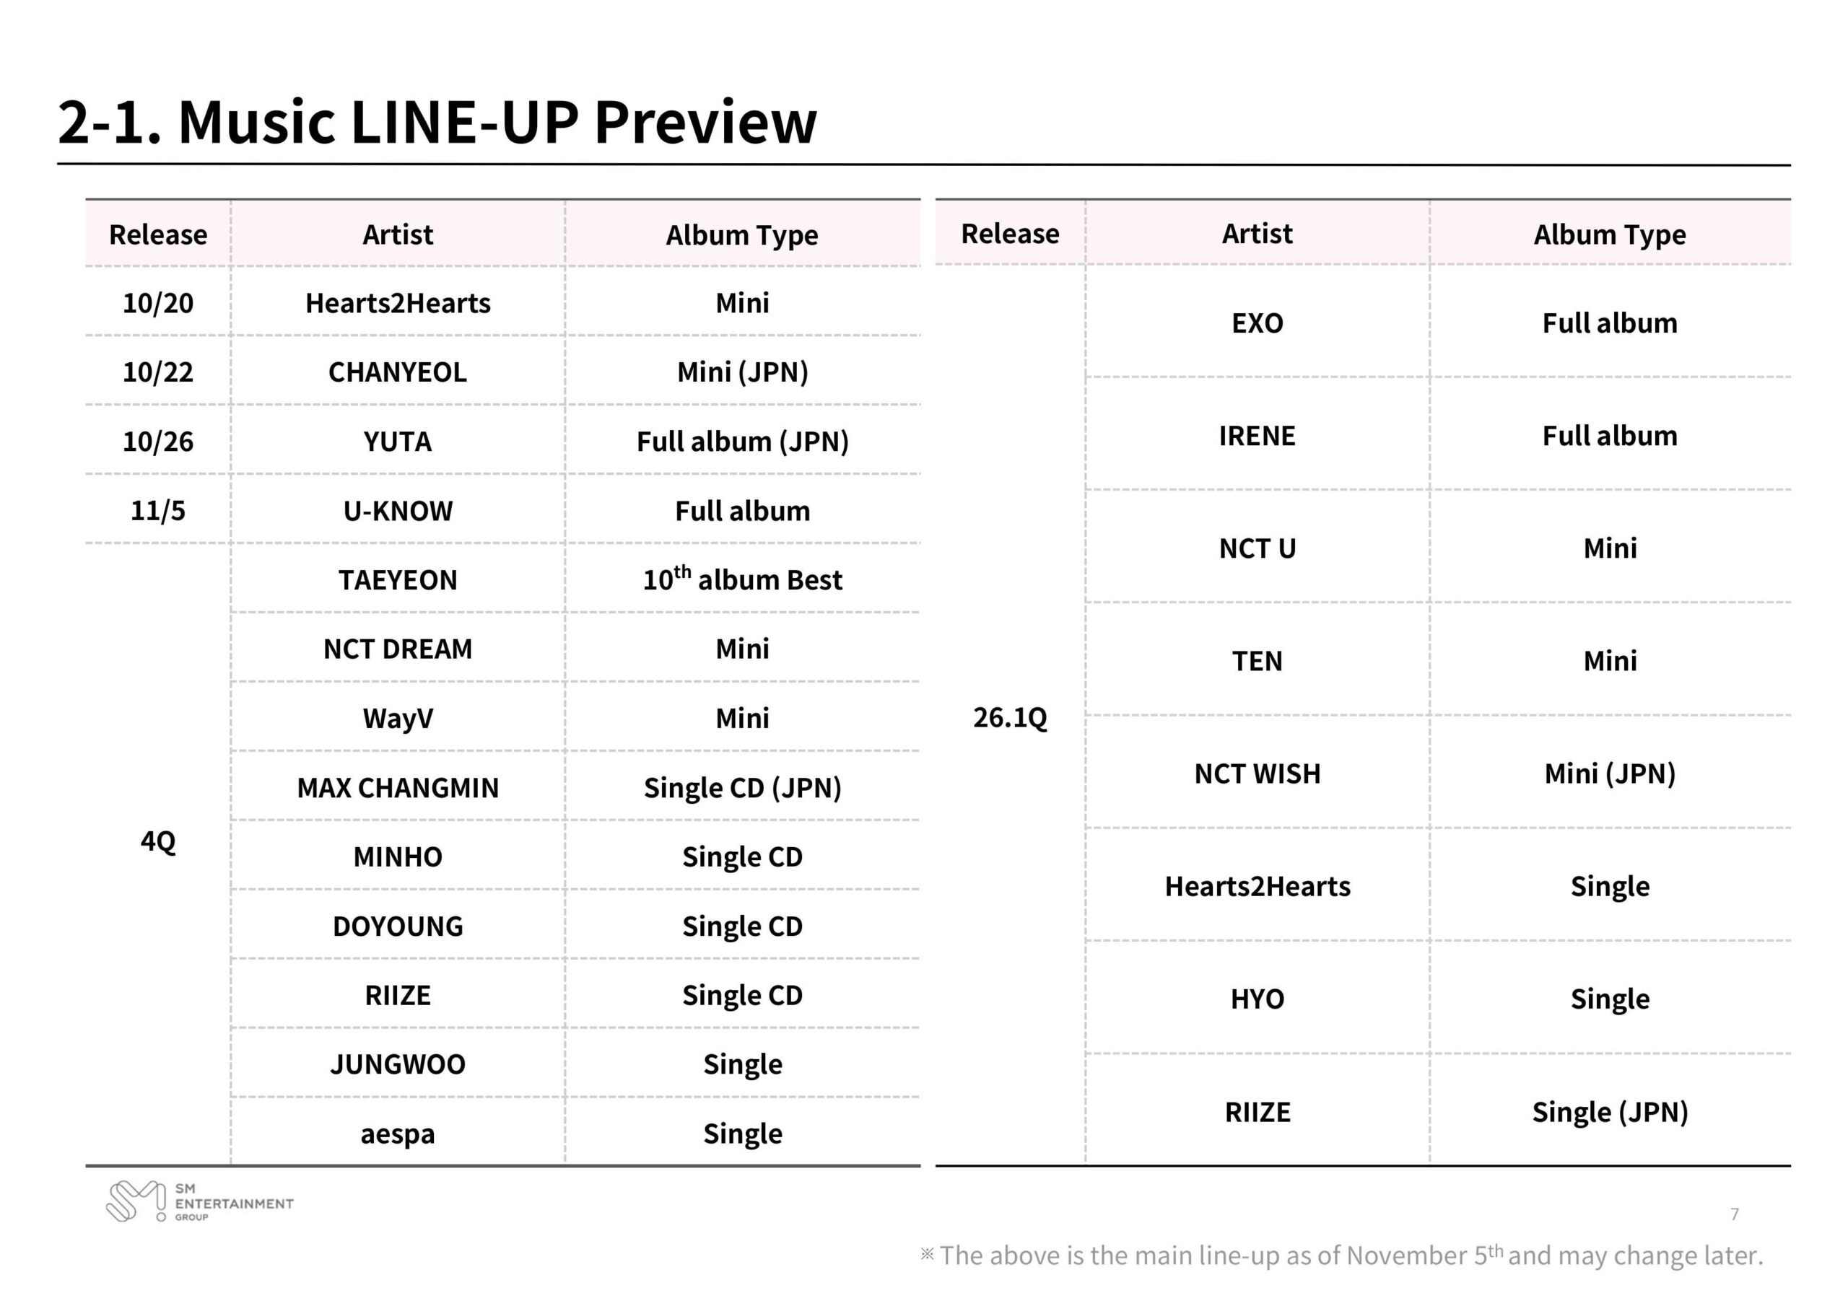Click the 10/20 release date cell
point(158,303)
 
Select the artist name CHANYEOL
point(398,372)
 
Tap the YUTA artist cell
point(398,442)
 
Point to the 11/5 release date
point(158,511)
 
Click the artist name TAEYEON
point(398,580)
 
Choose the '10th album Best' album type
point(742,580)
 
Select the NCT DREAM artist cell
point(398,649)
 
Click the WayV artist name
point(398,719)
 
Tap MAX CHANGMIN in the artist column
point(398,788)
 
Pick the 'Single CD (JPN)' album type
point(742,788)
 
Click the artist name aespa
point(398,1134)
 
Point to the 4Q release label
point(158,842)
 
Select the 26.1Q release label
point(1010,717)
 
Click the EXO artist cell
point(1258,323)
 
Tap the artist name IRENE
point(1258,436)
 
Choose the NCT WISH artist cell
point(1258,774)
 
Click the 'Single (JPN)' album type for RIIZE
point(1610,1112)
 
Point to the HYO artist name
point(1258,999)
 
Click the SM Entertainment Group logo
point(200,1202)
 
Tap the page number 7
point(1735,1214)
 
